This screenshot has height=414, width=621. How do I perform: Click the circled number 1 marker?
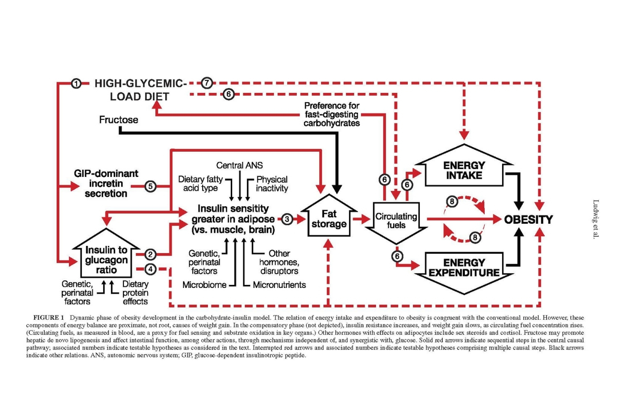click(x=76, y=83)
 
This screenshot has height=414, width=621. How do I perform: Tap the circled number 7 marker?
click(x=207, y=83)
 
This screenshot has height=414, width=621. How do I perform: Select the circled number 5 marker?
click(x=150, y=186)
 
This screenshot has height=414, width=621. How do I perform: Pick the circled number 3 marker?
click(x=287, y=219)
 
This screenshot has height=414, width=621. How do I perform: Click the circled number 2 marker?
click(x=150, y=254)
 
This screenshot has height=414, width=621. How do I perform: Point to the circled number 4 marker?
click(x=150, y=269)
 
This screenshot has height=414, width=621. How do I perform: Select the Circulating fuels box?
click(x=396, y=221)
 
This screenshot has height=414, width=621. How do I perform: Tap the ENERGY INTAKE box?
click(x=464, y=170)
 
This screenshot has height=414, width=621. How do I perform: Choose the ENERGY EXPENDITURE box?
click(x=464, y=268)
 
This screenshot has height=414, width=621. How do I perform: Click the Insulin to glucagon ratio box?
click(x=106, y=260)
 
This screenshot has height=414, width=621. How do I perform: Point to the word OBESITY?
click(x=529, y=219)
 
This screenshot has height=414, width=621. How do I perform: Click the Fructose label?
click(x=119, y=120)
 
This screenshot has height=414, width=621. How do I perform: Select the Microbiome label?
click(x=204, y=285)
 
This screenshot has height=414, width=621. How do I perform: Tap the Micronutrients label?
click(x=279, y=285)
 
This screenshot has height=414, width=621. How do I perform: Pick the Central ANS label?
click(x=239, y=165)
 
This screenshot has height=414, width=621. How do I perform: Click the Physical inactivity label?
click(x=272, y=184)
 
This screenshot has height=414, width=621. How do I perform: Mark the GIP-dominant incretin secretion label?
click(x=106, y=184)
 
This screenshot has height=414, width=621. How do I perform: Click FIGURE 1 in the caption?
click(x=49, y=318)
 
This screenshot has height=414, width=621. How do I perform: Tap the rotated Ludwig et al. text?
click(x=596, y=219)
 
